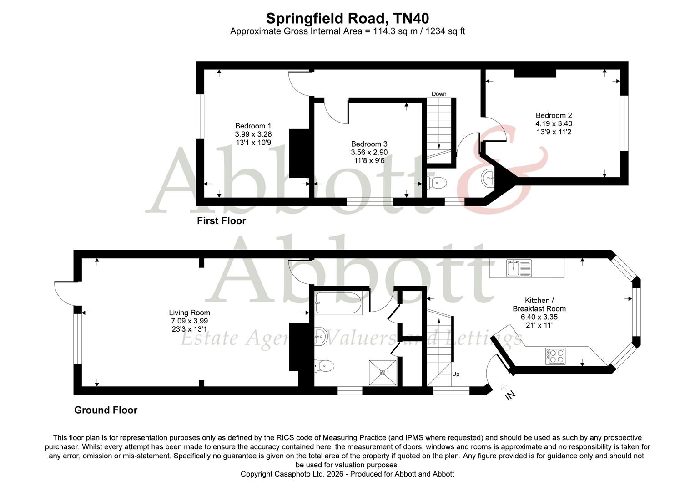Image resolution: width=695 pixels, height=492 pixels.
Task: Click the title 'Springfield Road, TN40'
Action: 347,18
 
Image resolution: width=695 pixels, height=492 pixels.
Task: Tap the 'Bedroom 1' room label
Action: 253,126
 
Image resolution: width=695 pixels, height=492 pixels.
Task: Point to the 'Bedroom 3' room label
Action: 369,144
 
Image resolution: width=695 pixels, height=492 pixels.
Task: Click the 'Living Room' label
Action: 189,313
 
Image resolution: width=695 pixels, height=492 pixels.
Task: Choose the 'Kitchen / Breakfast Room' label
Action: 539,304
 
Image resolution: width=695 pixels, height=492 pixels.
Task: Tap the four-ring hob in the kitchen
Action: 555,355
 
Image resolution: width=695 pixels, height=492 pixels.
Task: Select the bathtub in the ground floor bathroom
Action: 338,304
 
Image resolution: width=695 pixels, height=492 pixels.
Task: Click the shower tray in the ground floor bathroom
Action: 383,372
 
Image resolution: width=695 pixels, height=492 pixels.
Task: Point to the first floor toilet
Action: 438,183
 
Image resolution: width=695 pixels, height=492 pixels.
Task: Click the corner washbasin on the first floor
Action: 488,177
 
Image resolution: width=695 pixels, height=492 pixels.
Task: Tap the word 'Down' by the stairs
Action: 439,94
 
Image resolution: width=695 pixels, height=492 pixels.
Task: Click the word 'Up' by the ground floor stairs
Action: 455,374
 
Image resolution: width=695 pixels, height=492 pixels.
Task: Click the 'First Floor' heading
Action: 221,221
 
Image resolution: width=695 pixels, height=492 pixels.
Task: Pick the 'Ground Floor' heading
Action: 106,410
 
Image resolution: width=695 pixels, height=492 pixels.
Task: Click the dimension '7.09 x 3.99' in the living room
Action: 189,321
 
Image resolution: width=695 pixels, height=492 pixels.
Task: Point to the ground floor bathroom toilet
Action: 325,365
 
